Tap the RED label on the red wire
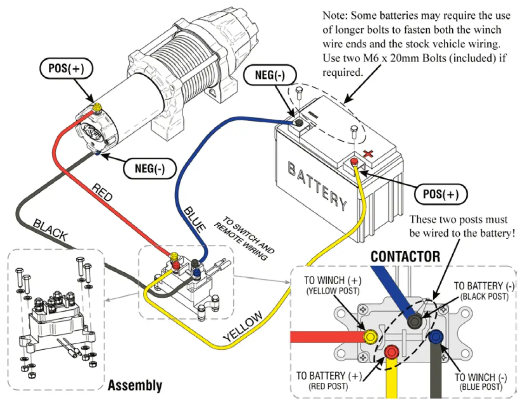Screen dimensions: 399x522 click(102, 191)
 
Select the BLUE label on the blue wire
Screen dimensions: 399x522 click(194, 218)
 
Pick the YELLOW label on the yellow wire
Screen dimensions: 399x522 click(243, 328)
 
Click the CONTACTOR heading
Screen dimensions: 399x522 click(405, 256)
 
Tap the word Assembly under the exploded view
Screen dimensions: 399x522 click(135, 385)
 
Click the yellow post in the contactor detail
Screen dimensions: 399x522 click(370, 336)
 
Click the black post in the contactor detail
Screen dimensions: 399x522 click(414, 322)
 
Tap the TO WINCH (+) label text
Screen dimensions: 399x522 click(331, 280)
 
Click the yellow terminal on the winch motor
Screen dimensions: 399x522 click(97, 108)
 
